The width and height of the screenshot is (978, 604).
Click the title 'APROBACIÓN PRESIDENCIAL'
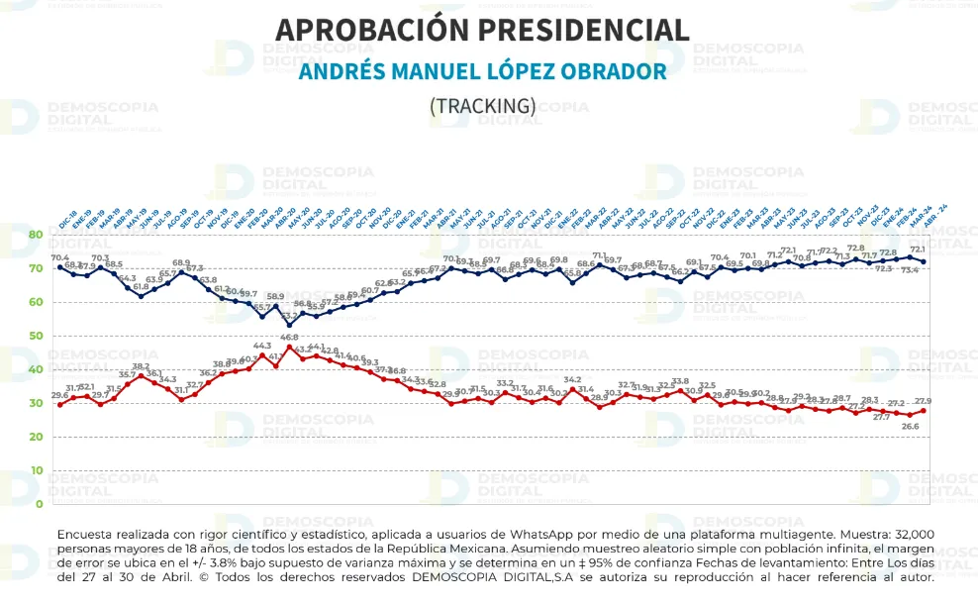coord(482,30)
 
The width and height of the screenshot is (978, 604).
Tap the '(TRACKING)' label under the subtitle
coord(482,105)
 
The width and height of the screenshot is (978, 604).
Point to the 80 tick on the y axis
coord(35,235)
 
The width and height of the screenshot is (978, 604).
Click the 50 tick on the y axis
coord(35,336)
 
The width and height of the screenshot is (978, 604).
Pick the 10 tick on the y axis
coord(35,470)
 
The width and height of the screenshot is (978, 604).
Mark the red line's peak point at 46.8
coord(289,347)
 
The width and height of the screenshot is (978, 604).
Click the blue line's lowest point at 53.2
coord(289,325)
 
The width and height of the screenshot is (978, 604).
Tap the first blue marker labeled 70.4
coord(60,267)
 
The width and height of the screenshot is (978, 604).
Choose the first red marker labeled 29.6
coord(60,404)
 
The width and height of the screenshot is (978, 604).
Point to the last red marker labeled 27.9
coord(924,410)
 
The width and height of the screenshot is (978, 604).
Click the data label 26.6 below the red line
coord(910,426)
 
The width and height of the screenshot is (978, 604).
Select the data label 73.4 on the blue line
coord(910,269)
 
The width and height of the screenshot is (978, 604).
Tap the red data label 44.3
coord(262,347)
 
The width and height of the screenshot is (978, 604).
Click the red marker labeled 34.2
coord(572,390)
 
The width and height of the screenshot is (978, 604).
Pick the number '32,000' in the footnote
coord(906,535)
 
